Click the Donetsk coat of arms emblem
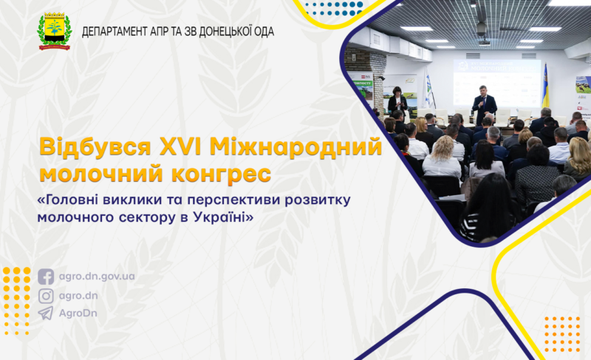pyautogui.click(x=54, y=32)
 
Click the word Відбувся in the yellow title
pyautogui.click(x=95, y=146)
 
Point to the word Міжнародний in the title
pyautogui.click(x=296, y=146)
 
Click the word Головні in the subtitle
pyautogui.click(x=68, y=200)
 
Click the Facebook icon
pyautogui.click(x=46, y=276)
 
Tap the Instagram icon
pyautogui.click(x=46, y=296)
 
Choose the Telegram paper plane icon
pyautogui.click(x=46, y=313)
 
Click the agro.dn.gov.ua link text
pyautogui.click(x=97, y=276)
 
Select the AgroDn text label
pyautogui.click(x=78, y=313)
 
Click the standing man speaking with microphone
pyautogui.click(x=484, y=105)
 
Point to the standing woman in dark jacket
pyautogui.click(x=397, y=101)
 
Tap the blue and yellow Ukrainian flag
pyautogui.click(x=545, y=86)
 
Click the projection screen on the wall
pyautogui.click(x=496, y=82)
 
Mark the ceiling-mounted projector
pyautogui.click(x=484, y=42)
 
